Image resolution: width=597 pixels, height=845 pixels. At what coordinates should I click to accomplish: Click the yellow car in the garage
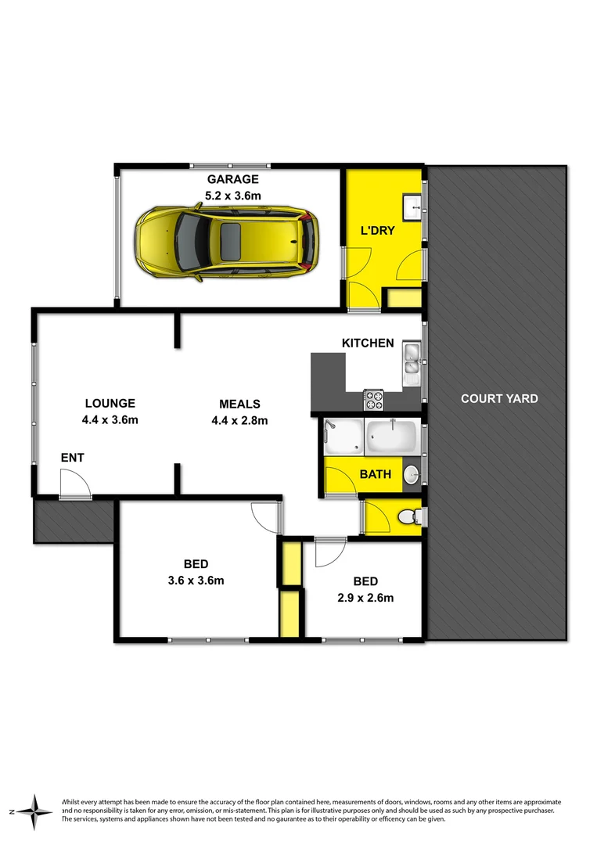click(x=227, y=242)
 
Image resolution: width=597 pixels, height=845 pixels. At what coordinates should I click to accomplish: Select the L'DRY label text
click(x=377, y=231)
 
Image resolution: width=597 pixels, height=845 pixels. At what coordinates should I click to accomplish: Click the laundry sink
click(x=412, y=206)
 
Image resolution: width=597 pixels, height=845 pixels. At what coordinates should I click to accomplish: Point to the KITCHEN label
click(x=368, y=343)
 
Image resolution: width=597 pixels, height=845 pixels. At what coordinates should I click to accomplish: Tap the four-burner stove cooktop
click(x=373, y=400)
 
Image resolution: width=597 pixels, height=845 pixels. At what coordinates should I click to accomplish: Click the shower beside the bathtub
click(x=343, y=437)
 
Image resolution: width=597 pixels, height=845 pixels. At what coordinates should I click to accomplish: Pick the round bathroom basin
click(x=412, y=474)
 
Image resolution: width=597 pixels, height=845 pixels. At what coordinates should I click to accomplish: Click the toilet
click(x=408, y=516)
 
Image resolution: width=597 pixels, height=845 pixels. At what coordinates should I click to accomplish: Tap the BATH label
click(x=375, y=474)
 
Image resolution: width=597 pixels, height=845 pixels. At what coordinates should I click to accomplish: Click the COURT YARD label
click(x=499, y=398)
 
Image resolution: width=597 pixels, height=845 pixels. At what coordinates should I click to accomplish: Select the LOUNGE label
click(x=110, y=404)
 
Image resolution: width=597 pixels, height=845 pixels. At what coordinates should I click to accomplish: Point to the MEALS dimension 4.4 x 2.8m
click(x=239, y=420)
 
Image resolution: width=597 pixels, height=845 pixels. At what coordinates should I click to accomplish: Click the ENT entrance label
click(x=72, y=458)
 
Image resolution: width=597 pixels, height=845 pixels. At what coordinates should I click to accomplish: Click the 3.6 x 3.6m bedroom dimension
click(x=196, y=580)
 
